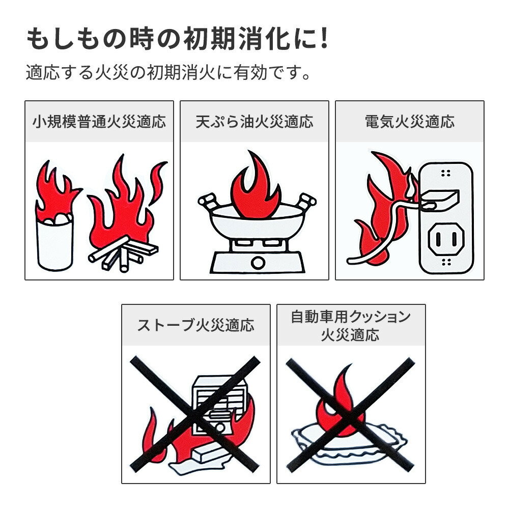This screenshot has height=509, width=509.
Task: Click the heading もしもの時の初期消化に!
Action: click(x=177, y=40)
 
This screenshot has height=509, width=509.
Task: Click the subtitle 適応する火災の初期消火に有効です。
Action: click(x=168, y=73)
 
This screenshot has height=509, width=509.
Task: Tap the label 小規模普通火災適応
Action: click(x=99, y=122)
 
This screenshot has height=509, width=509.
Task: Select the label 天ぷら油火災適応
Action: click(x=254, y=122)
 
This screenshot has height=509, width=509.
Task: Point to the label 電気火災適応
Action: click(x=410, y=122)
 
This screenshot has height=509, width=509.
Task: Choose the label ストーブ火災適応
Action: click(x=196, y=325)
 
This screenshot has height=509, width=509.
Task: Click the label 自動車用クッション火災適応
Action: click(x=351, y=326)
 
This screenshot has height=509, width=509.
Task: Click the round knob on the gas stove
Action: click(x=258, y=262)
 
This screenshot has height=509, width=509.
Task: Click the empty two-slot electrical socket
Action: click(x=446, y=239)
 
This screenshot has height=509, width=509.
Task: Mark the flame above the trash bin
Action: click(x=56, y=191)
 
